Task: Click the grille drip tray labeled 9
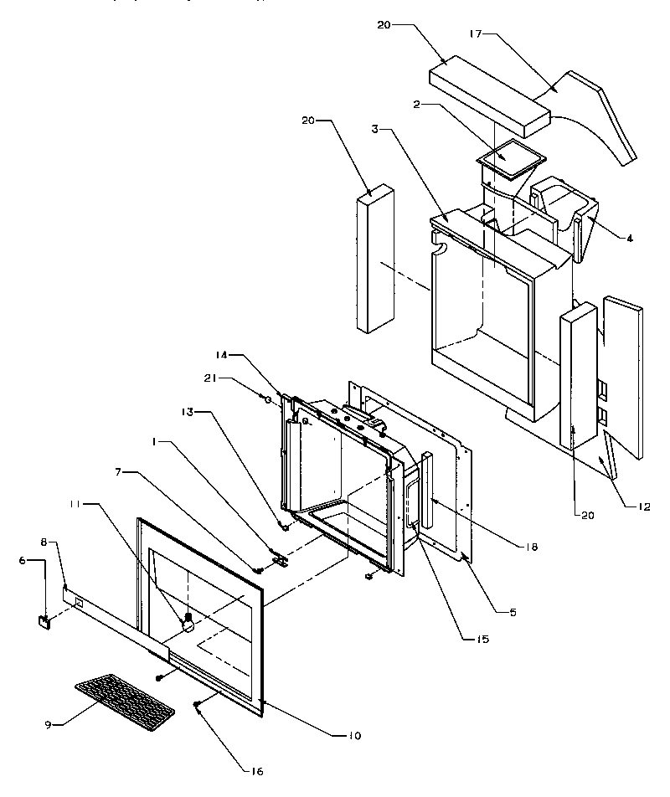pyautogui.click(x=124, y=699)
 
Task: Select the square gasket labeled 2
pyautogui.click(x=510, y=157)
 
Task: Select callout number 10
pyautogui.click(x=355, y=736)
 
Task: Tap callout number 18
pyautogui.click(x=533, y=548)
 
